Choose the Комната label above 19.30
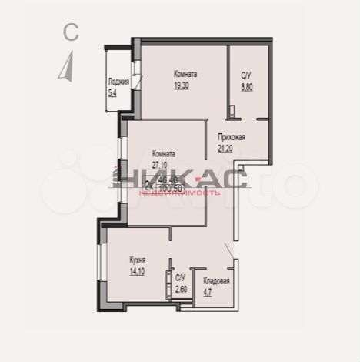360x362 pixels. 185,75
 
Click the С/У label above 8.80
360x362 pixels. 246,75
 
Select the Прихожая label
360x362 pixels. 231,139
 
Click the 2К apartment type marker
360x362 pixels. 149,184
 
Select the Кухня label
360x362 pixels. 138,260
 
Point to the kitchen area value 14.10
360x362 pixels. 138,270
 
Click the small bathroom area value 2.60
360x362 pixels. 181,288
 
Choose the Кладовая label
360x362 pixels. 216,281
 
